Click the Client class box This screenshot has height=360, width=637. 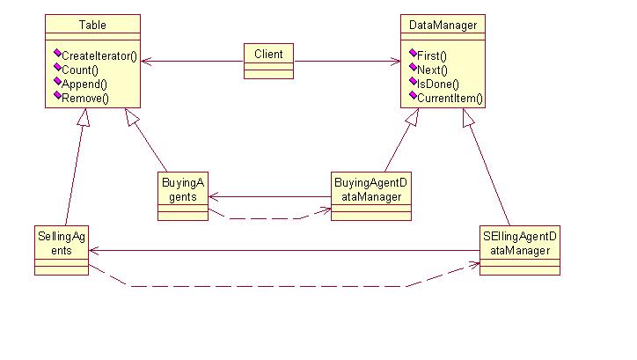(x=268, y=60)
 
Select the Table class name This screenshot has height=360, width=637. (x=92, y=26)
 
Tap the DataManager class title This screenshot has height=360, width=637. (x=443, y=26)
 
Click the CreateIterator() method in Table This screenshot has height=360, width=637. (x=99, y=55)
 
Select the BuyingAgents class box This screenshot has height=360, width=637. (x=183, y=195)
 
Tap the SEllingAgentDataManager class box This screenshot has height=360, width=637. (x=520, y=250)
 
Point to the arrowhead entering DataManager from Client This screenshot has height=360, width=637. (x=395, y=62)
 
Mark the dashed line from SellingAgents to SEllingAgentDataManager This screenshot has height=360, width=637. (x=264, y=286)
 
